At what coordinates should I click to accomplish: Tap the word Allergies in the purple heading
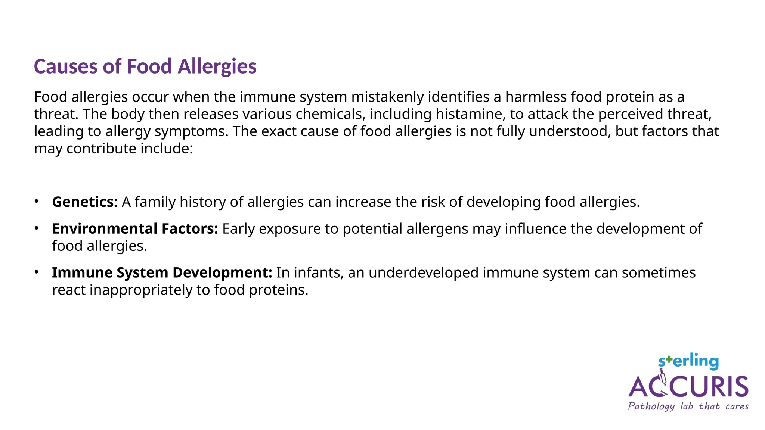217,67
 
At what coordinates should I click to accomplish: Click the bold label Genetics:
85,202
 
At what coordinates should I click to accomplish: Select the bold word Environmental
105,229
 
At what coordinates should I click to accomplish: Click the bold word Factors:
190,229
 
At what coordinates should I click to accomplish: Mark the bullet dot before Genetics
37,202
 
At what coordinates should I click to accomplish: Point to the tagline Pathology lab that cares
688,406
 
